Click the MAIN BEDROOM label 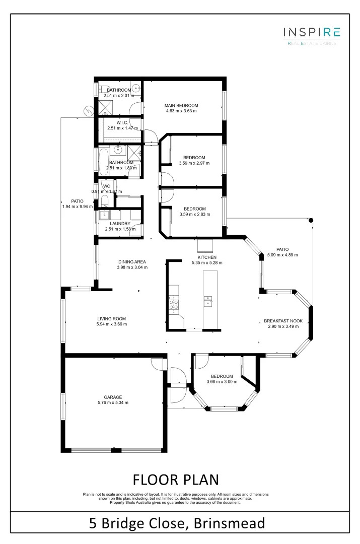[181, 105]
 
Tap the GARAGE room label [113, 397]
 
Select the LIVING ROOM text [111, 318]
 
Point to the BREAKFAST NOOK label [283, 320]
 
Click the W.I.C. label [122, 122]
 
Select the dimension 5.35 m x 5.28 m [207, 262]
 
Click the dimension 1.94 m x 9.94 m [77, 207]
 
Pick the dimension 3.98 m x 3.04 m [132, 267]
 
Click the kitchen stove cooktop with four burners [174, 304]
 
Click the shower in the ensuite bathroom [105, 107]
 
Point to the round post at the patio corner [311, 220]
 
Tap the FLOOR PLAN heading [176, 478]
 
